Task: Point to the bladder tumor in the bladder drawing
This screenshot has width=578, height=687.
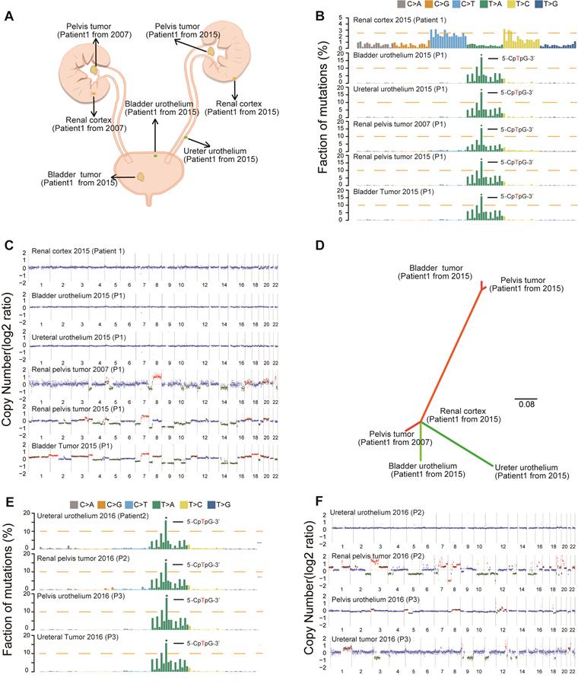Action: [x=142, y=177]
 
